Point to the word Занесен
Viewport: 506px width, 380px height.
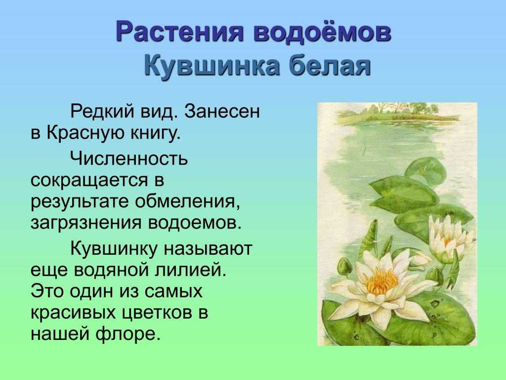[x=222, y=112]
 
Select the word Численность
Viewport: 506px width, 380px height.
[x=129, y=159]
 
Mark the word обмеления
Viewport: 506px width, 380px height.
[x=188, y=202]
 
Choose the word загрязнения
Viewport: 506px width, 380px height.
[x=86, y=224]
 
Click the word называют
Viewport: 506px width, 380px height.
[x=207, y=249]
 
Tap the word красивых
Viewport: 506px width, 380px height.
[x=73, y=313]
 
